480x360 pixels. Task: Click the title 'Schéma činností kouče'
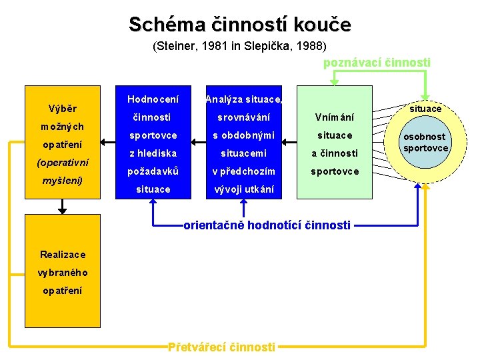tap(239, 25)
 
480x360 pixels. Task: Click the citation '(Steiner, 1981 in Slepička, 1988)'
tap(239, 47)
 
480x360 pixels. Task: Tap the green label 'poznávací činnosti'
tap(377, 63)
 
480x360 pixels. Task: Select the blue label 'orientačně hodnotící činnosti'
tap(267, 225)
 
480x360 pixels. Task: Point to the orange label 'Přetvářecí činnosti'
tap(221, 347)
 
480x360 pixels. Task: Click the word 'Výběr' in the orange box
tap(63, 109)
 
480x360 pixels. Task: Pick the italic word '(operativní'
tap(62, 163)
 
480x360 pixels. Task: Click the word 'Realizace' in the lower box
tap(63, 255)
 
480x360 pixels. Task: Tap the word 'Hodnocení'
tap(153, 99)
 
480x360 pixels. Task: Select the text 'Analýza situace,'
tap(244, 99)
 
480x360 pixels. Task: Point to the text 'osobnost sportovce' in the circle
tap(425, 142)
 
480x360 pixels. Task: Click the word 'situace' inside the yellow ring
tap(425, 109)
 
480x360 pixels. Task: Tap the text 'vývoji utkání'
tap(243, 189)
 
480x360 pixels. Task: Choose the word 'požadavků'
tap(153, 171)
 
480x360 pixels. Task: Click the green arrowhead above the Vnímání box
tap(334, 82)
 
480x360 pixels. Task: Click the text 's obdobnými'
tap(243, 135)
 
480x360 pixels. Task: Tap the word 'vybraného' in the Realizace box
tap(63, 273)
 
